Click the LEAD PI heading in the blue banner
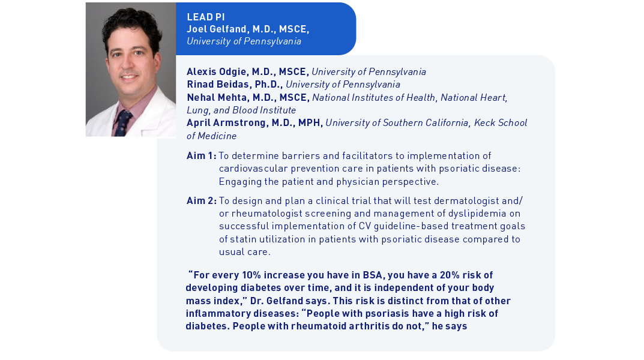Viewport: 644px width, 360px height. click(x=206, y=17)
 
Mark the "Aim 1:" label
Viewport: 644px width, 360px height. click(x=201, y=156)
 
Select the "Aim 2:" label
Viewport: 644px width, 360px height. click(x=201, y=200)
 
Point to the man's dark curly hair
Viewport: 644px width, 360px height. click(x=129, y=21)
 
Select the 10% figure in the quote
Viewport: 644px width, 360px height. click(x=253, y=275)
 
